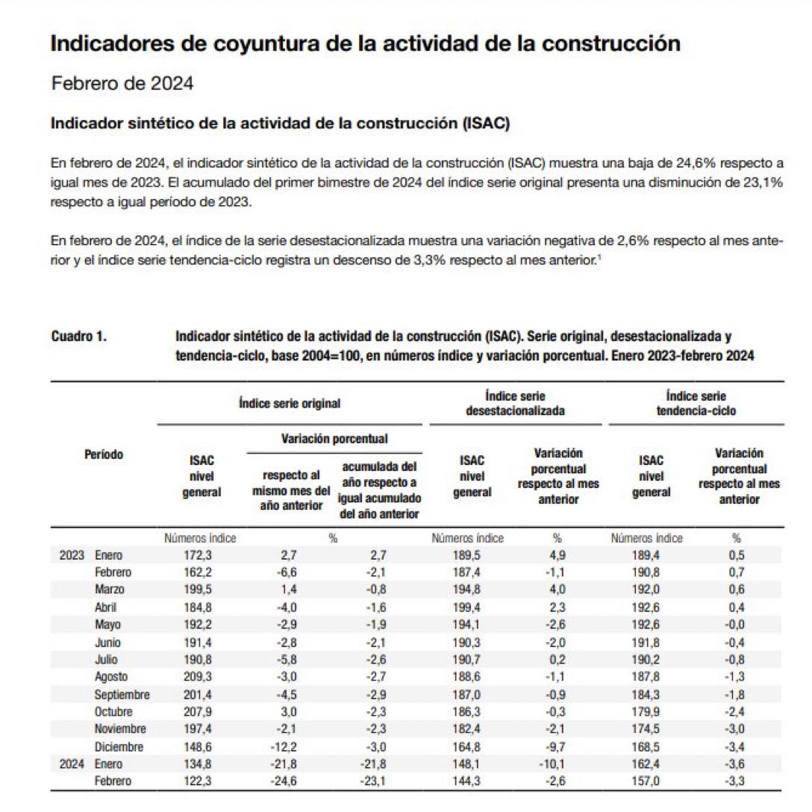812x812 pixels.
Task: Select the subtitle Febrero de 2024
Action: (122, 84)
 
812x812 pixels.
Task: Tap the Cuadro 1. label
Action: (78, 337)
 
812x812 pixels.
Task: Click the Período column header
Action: (103, 454)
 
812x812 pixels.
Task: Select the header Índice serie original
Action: (290, 403)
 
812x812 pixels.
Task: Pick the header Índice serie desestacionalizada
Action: (515, 403)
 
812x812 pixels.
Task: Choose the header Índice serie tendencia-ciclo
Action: (695, 403)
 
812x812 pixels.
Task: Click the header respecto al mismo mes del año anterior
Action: (291, 490)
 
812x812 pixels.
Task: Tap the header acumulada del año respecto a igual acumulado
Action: (380, 490)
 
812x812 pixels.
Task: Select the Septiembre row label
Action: (122, 694)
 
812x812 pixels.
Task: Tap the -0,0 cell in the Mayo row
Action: (734, 625)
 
